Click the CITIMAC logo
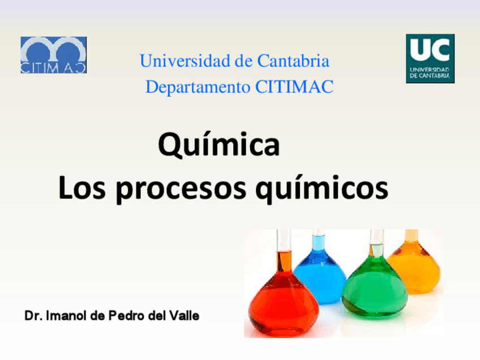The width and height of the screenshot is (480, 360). tap(54, 55)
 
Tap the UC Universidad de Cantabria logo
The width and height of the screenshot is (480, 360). tap(430, 58)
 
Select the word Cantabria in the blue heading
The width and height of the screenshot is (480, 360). tap(293, 61)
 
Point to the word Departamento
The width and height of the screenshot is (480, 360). tap(198, 87)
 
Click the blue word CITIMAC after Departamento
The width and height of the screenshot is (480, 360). tap(294, 87)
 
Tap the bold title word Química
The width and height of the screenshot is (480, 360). tap(219, 144)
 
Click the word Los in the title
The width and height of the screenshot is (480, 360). tap(82, 187)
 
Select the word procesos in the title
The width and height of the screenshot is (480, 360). tap(181, 190)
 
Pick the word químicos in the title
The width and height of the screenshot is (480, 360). tap(322, 188)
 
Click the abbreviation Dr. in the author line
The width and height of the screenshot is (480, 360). tap(33, 316)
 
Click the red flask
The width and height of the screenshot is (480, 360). tap(283, 300)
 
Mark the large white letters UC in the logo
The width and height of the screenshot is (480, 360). tap(430, 50)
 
